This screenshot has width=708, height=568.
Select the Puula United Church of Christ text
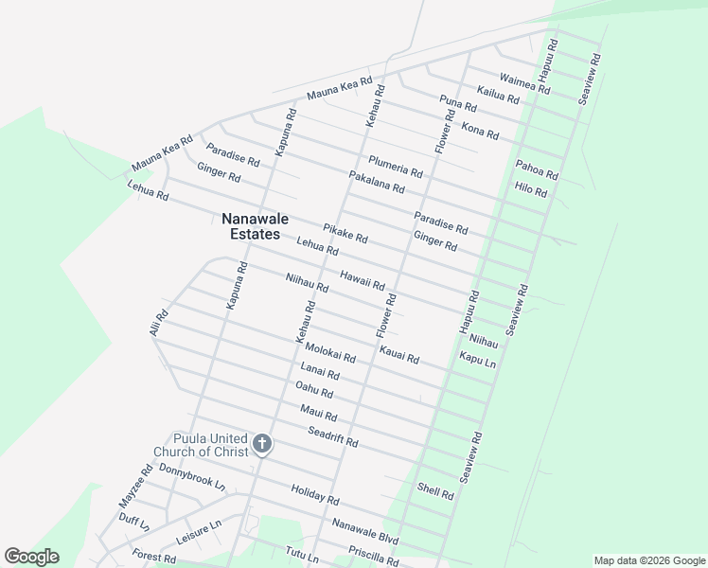(210, 445)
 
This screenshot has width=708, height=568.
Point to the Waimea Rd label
(523, 81)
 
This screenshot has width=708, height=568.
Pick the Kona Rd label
(479, 130)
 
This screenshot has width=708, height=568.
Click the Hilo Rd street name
(531, 189)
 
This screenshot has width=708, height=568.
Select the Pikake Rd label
(345, 232)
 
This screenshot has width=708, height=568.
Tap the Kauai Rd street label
(398, 354)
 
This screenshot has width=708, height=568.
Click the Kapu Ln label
(477, 361)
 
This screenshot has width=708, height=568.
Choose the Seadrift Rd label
(332, 436)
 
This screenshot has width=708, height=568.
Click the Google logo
(31, 557)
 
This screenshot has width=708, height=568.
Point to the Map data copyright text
(649, 560)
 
